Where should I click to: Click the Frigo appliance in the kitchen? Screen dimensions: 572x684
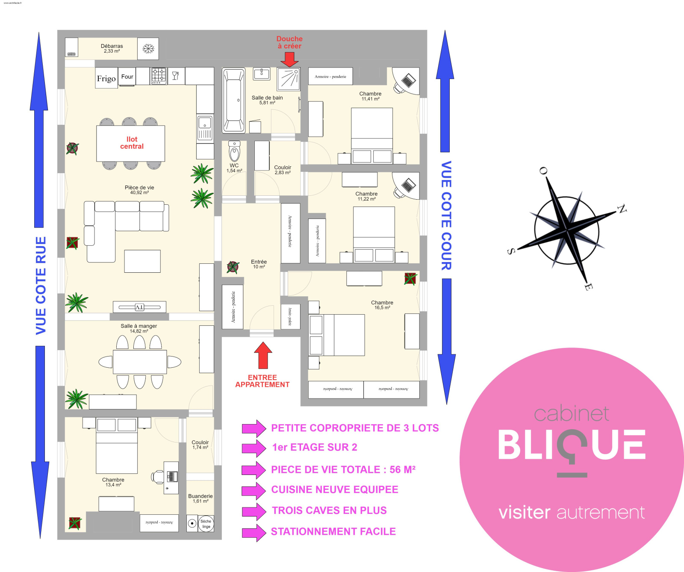[106, 78]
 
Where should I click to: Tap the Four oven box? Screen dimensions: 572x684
[127, 77]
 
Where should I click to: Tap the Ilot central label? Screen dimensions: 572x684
[132, 143]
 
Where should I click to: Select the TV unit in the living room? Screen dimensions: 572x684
[139, 307]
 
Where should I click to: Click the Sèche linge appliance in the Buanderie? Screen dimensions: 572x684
[206, 524]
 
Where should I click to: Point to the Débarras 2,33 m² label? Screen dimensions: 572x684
[112, 48]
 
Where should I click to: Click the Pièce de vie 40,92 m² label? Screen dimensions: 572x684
[139, 190]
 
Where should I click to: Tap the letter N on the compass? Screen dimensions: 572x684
[622, 209]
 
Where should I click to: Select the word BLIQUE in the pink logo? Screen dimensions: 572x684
[572, 445]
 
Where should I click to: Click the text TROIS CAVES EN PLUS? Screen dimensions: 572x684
[329, 510]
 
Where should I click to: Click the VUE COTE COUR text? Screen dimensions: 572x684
[446, 215]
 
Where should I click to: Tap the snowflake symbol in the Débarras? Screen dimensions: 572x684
[148, 49]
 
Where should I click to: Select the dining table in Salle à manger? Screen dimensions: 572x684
[140, 362]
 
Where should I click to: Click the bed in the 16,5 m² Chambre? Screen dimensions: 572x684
[344, 335]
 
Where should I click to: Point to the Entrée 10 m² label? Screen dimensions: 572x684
[259, 264]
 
